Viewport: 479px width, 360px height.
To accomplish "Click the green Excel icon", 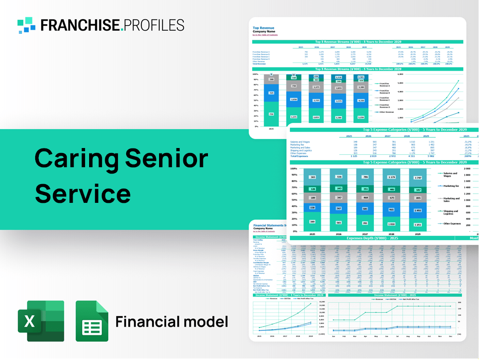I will click(40, 321).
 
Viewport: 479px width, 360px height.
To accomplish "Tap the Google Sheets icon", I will click(92, 321).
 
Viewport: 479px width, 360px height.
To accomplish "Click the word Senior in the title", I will click(166, 158).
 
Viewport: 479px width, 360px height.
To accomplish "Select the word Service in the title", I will click(83, 193).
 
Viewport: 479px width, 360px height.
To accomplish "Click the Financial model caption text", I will click(171, 322).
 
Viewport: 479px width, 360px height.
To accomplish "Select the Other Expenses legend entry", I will click(451, 224).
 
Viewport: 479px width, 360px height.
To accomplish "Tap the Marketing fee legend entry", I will click(451, 186).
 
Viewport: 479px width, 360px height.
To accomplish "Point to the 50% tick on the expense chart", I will click(293, 201).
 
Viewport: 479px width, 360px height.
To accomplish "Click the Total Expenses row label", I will click(300, 156).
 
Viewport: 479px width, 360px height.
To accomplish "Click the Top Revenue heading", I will click(263, 28).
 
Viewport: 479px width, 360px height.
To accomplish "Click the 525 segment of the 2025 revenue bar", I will click(271, 93).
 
